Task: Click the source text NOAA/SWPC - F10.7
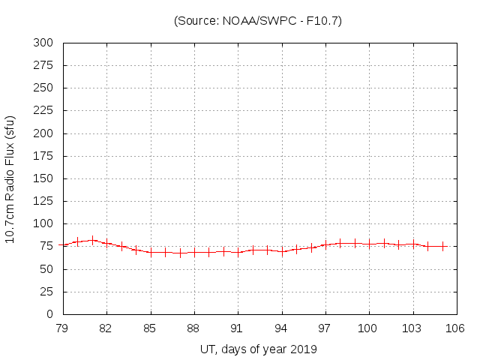point(257,21)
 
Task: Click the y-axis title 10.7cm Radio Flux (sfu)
point(10,179)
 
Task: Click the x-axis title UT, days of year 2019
point(259,349)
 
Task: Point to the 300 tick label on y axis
point(43,43)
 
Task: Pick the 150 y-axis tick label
point(43,178)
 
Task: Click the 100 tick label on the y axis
point(43,224)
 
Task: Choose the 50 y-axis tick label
point(46,269)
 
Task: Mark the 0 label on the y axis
point(49,314)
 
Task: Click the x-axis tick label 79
point(63,328)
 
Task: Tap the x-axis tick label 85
point(151,328)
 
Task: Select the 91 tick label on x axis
point(238,328)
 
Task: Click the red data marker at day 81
point(92,241)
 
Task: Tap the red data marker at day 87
point(180,253)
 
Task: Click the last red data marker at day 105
point(442,246)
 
